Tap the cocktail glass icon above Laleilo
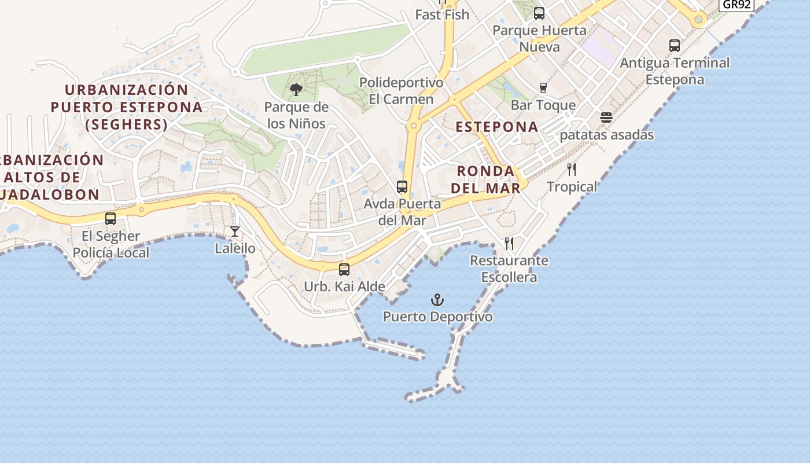click(234, 231)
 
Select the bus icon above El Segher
click(111, 219)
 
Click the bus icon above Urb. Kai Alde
click(344, 269)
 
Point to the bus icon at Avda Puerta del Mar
click(402, 187)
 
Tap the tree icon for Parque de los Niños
click(296, 90)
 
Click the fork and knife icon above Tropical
click(572, 170)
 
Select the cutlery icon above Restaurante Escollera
click(509, 243)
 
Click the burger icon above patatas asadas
click(606, 117)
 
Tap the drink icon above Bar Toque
click(543, 88)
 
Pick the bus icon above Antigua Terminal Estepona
click(675, 45)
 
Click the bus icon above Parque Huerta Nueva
click(539, 13)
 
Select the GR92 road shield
click(736, 5)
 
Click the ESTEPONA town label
click(497, 127)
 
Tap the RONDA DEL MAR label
click(486, 179)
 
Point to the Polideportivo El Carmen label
click(402, 91)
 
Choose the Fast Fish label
click(442, 14)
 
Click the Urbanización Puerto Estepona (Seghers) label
click(127, 107)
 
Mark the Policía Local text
click(111, 252)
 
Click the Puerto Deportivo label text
click(438, 317)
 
